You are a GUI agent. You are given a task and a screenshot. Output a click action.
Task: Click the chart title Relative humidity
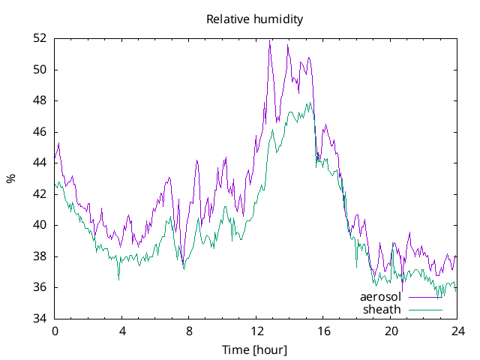[x=255, y=19]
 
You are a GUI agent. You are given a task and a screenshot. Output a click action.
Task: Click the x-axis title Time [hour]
[x=255, y=349]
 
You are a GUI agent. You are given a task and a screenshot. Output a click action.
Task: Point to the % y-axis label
[x=10, y=178]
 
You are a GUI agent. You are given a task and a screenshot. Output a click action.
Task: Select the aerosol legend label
[x=381, y=297]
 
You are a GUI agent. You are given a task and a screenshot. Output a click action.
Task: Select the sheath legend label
[x=382, y=309]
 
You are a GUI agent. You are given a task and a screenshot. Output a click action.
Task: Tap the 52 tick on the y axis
[x=40, y=38]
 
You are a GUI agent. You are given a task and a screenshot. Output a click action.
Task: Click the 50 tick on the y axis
[x=40, y=70]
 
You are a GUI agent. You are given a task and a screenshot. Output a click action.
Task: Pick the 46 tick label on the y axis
[x=40, y=132]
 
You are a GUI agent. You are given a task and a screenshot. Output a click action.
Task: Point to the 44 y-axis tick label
[x=40, y=163]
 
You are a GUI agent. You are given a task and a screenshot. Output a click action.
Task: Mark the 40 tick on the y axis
[x=40, y=225]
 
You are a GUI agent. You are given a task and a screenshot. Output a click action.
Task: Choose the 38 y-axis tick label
[x=40, y=256]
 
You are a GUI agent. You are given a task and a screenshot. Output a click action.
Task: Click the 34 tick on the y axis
[x=40, y=319]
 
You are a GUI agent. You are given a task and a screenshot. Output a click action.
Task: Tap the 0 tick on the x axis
[x=55, y=330]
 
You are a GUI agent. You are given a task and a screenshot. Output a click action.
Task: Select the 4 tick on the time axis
[x=121, y=330]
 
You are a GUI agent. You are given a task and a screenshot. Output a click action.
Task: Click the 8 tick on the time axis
[x=189, y=330]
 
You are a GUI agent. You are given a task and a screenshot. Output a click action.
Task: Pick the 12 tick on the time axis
[x=256, y=330]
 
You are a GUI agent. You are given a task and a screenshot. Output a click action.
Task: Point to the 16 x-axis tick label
[x=323, y=330]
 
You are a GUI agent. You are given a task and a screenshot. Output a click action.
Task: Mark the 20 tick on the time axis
[x=390, y=330]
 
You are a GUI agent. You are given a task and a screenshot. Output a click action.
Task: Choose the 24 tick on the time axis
[x=457, y=330]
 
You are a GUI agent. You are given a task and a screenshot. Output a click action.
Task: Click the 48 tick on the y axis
[x=40, y=100]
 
